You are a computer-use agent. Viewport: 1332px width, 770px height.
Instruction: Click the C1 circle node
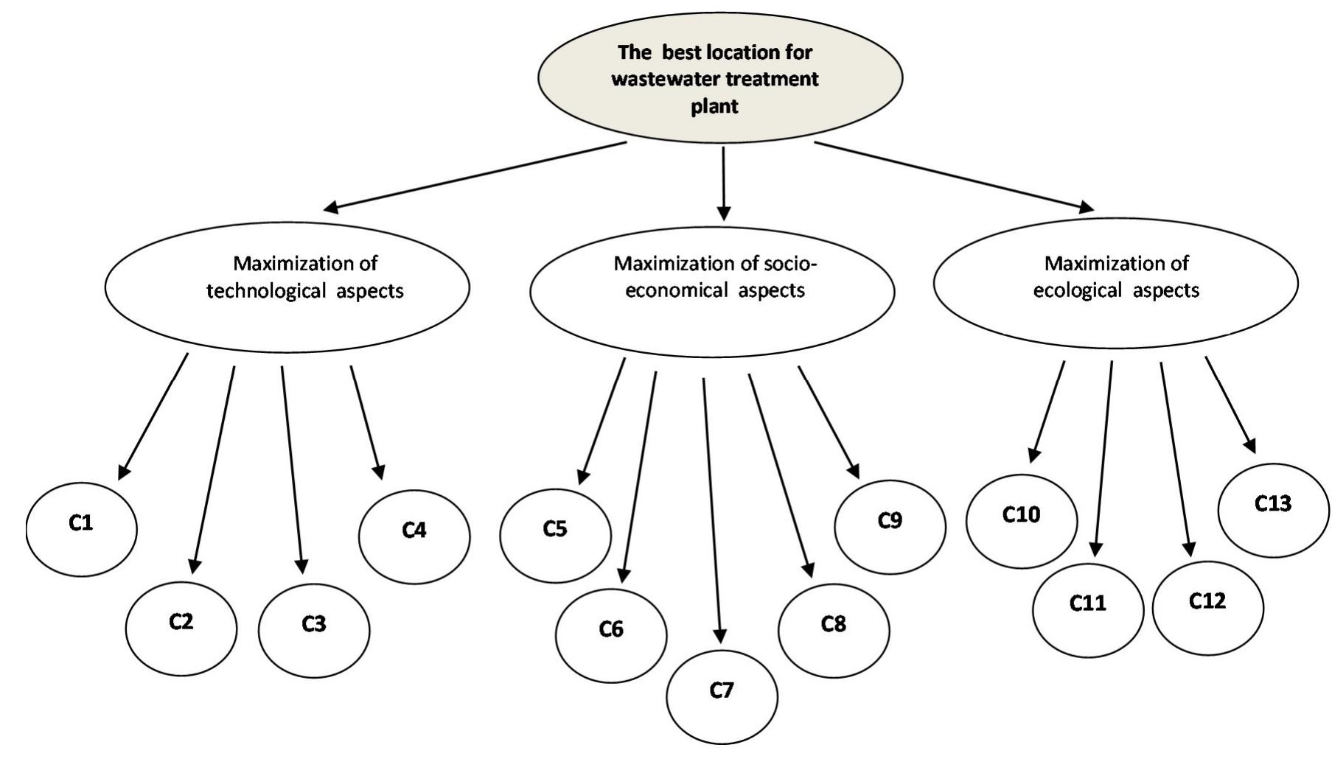(x=82, y=528)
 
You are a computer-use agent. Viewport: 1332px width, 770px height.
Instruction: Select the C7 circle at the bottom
(x=722, y=696)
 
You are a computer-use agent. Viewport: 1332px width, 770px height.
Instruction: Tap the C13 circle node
(x=1273, y=510)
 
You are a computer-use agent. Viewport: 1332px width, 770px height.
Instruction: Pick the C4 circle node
(x=414, y=536)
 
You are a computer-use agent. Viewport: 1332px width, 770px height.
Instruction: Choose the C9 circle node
(x=890, y=527)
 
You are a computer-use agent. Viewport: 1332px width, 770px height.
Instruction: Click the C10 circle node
(x=1021, y=520)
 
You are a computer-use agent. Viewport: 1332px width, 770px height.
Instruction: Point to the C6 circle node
(x=611, y=635)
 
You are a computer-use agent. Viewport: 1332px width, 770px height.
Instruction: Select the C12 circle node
(x=1207, y=608)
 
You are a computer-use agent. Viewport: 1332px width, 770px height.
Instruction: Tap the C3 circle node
(x=314, y=630)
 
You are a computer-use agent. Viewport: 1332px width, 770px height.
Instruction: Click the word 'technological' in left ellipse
(x=266, y=291)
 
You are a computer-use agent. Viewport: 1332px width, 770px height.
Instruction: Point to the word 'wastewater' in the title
(x=659, y=80)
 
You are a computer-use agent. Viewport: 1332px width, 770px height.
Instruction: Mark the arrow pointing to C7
(x=712, y=508)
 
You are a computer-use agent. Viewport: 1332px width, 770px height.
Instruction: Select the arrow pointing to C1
(x=153, y=416)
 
